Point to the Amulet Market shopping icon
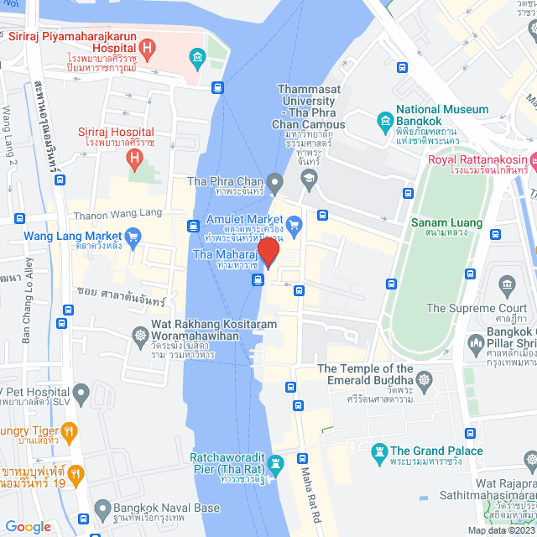pyautogui.click(x=293, y=224)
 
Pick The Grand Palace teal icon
pyautogui.click(x=379, y=451)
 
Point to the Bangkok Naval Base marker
pyautogui.click(x=102, y=508)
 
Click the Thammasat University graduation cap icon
pyautogui.click(x=310, y=177)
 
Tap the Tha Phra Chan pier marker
pyautogui.click(x=274, y=181)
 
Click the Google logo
pyautogui.click(x=28, y=526)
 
